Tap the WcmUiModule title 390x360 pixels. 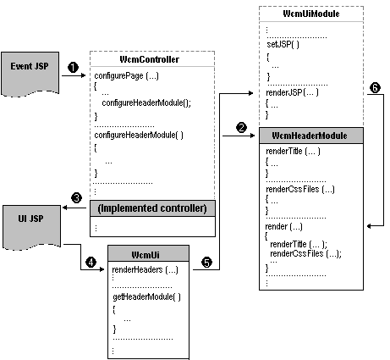[x=311, y=14]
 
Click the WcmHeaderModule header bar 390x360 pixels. [x=310, y=136]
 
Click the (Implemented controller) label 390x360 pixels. [x=154, y=208]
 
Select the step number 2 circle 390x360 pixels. [x=241, y=127]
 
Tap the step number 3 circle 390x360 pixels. [x=77, y=198]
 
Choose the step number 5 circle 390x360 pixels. [x=206, y=262]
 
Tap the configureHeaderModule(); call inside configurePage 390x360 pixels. [x=146, y=102]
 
